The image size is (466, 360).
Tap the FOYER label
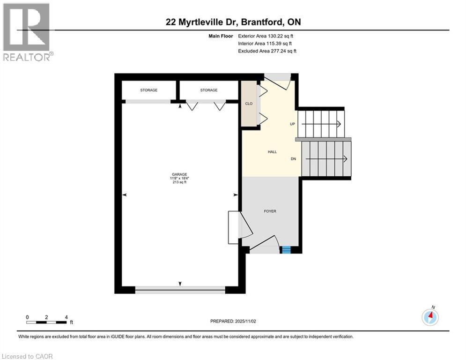[270, 211]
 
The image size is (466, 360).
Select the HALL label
[272, 152]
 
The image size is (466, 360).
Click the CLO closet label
[249, 104]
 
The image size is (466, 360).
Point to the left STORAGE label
[148, 90]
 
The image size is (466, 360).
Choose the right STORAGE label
[208, 90]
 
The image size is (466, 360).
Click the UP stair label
[292, 124]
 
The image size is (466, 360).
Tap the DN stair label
[293, 159]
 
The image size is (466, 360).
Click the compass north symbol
[430, 317]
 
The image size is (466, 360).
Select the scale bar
[47, 322]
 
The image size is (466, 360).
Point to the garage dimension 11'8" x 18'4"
[180, 178]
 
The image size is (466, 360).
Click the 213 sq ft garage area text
[180, 182]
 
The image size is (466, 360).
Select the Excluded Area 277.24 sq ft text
[267, 51]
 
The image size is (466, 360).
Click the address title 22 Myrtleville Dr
[233, 22]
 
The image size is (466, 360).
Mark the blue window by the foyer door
[285, 250]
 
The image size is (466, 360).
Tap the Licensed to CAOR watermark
[27, 356]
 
